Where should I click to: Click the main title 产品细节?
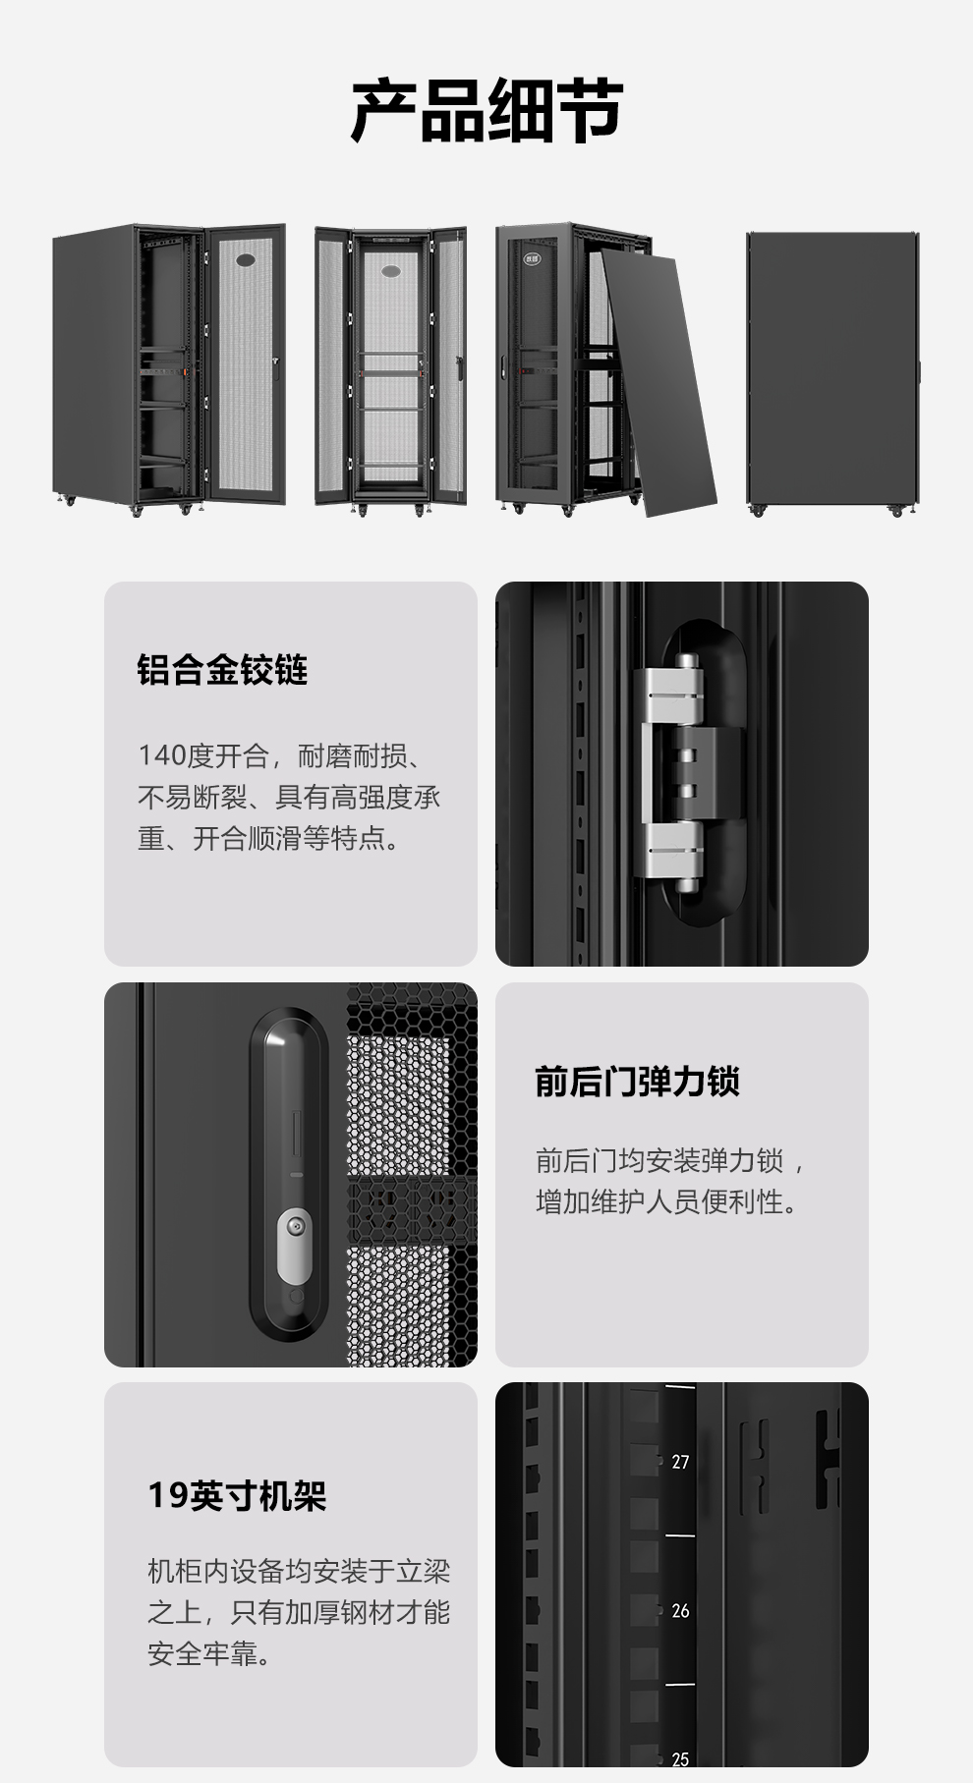486,110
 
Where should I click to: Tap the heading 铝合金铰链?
222,670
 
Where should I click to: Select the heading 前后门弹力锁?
637,1081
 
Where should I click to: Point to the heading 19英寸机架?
237,1495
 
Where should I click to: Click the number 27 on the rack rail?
680,1462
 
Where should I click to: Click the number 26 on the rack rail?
680,1610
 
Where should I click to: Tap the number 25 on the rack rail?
680,1758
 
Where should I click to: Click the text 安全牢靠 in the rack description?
202,1654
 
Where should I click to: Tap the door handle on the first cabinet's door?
276,369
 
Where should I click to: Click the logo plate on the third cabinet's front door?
532,258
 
